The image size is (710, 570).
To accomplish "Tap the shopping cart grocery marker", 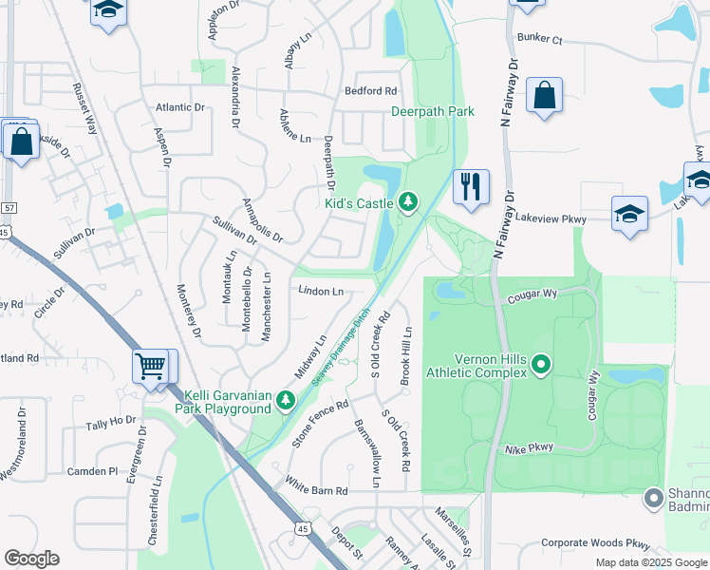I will [x=152, y=366].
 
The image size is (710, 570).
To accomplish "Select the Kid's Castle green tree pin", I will [x=408, y=201].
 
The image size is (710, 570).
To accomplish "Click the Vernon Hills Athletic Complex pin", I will [x=541, y=363].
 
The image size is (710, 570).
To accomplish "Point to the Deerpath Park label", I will [x=433, y=111].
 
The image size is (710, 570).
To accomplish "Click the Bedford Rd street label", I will [x=371, y=91].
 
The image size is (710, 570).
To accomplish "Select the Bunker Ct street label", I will [x=540, y=40].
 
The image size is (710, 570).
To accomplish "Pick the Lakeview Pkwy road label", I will [x=551, y=218].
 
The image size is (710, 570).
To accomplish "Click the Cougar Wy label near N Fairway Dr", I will [x=532, y=294].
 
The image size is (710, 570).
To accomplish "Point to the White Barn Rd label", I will [x=317, y=491].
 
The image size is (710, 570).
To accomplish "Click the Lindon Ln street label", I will [x=320, y=291].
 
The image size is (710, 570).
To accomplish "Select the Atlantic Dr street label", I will [x=180, y=108].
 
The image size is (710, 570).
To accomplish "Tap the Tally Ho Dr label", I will [x=111, y=426].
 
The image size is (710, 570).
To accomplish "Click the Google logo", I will [x=31, y=559].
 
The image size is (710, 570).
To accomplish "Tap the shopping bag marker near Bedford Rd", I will [x=545, y=96].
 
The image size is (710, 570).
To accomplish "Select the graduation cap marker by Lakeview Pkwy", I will [x=629, y=215].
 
